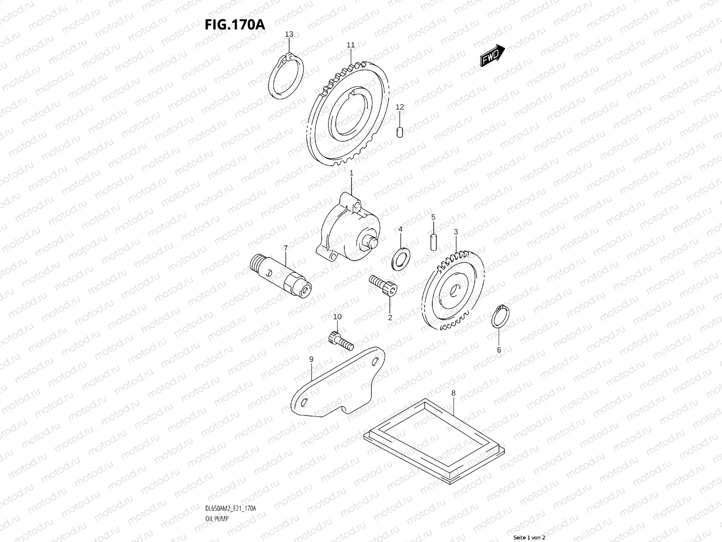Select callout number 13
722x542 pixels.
[289, 34]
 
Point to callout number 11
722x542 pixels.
[351, 45]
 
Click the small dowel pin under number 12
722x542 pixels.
[400, 131]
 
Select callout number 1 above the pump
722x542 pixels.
[352, 173]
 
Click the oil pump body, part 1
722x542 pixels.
[350, 230]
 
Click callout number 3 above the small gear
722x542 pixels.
[456, 232]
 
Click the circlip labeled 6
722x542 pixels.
[500, 318]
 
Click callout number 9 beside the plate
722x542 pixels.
[311, 359]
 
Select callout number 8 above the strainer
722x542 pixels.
[454, 393]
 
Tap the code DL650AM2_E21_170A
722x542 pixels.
[230, 483]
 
